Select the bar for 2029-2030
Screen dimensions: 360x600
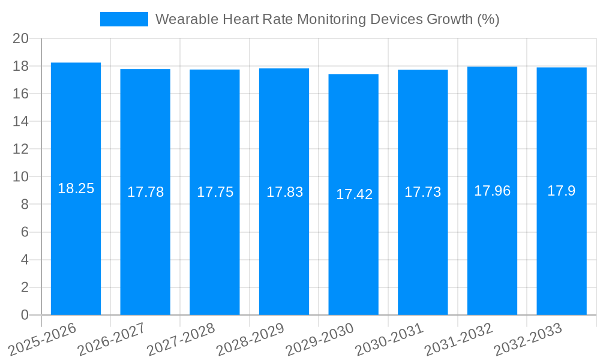click(x=353, y=252)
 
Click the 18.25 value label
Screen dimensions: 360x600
click(x=76, y=188)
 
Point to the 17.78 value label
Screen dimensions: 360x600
click(x=145, y=192)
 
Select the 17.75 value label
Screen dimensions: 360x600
click(x=215, y=192)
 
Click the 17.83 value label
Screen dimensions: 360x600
click(x=284, y=192)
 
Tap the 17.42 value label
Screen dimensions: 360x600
click(x=354, y=194)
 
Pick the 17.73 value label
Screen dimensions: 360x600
click(x=422, y=192)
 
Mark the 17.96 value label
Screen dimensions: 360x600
click(x=492, y=191)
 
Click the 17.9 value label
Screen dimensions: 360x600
click(x=561, y=191)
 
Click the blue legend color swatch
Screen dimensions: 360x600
click(x=124, y=19)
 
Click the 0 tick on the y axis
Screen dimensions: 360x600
click(x=25, y=315)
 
